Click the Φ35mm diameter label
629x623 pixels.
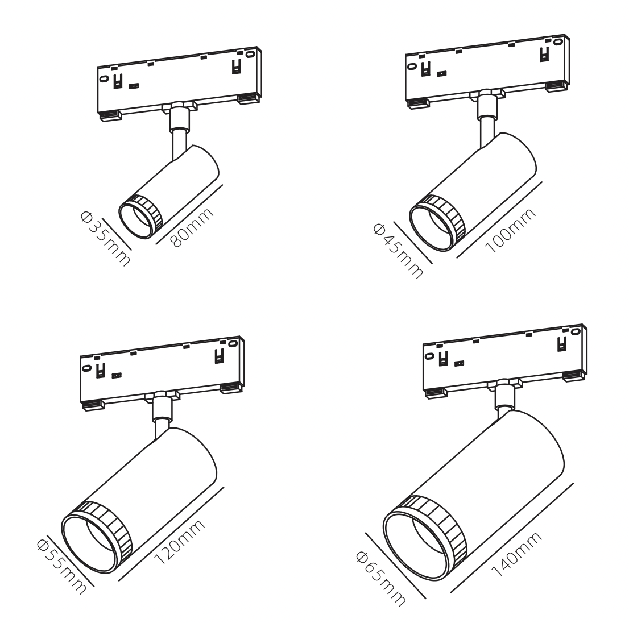point(105,238)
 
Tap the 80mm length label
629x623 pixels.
point(191,227)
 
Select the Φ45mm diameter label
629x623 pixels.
point(398,251)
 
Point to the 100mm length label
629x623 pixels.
point(510,230)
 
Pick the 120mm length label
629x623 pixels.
point(179,542)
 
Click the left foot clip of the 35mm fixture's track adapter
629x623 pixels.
point(111,115)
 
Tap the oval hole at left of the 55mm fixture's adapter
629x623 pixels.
point(86,368)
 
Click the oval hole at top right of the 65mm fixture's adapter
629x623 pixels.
point(577,331)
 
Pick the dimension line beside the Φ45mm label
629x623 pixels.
point(413,243)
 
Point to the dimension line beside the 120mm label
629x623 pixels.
point(171,534)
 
